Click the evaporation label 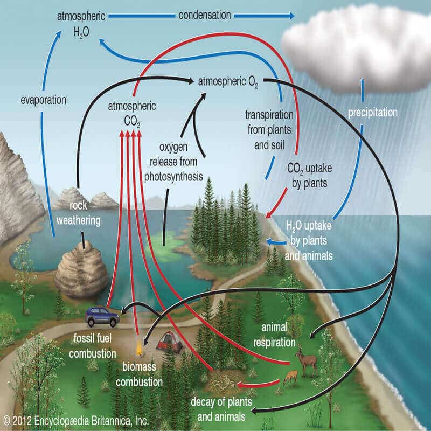pos(43,100)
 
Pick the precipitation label pos(372,113)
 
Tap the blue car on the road pos(102,316)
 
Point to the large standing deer pos(309,360)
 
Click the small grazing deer pos(290,377)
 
